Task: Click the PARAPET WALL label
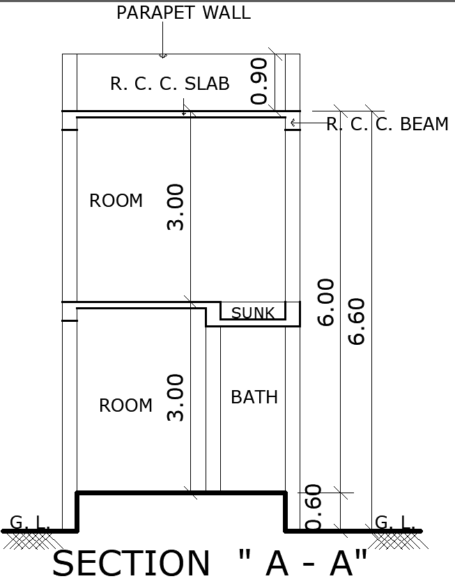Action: tap(183, 13)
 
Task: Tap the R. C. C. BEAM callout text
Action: tap(387, 125)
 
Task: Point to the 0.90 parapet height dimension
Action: tap(259, 81)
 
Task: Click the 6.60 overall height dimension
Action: tap(357, 321)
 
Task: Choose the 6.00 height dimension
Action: tap(326, 302)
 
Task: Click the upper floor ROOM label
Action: tap(116, 201)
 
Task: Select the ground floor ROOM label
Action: tap(125, 406)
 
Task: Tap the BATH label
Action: tap(254, 398)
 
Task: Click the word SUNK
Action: tap(253, 313)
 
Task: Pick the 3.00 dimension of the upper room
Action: tap(176, 207)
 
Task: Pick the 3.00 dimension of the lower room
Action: tap(176, 398)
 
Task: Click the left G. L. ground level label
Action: tap(29, 522)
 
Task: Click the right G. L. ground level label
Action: tap(394, 522)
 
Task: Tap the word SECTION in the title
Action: tap(130, 563)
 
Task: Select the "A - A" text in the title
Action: tap(302, 563)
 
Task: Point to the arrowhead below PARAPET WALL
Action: tap(162, 55)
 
